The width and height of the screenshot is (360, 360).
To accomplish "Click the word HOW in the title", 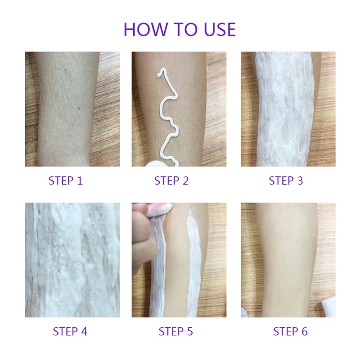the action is [x=145, y=29].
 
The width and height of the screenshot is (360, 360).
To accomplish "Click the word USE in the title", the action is [x=220, y=29].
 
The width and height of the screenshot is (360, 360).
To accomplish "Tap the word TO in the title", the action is [x=186, y=29].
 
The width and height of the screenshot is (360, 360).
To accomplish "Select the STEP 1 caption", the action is [x=66, y=181].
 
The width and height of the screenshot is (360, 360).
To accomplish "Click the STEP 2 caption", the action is [x=171, y=181].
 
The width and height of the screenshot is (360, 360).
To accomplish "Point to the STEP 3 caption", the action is [x=286, y=181].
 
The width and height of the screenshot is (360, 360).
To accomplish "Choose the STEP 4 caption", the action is [x=70, y=332].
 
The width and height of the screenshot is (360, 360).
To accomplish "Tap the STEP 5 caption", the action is [x=176, y=332].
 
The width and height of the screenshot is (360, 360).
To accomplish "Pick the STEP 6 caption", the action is [x=290, y=332].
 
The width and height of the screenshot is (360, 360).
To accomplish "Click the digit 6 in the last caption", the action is [x=305, y=332].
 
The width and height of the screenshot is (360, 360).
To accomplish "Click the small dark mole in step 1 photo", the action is [x=79, y=108].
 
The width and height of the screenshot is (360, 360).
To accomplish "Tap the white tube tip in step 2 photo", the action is [x=154, y=163].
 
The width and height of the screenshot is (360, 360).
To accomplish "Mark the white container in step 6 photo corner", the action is [x=328, y=306].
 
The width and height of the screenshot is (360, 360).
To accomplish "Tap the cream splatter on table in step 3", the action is [x=243, y=77].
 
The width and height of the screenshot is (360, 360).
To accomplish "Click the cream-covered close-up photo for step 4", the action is [x=72, y=260].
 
